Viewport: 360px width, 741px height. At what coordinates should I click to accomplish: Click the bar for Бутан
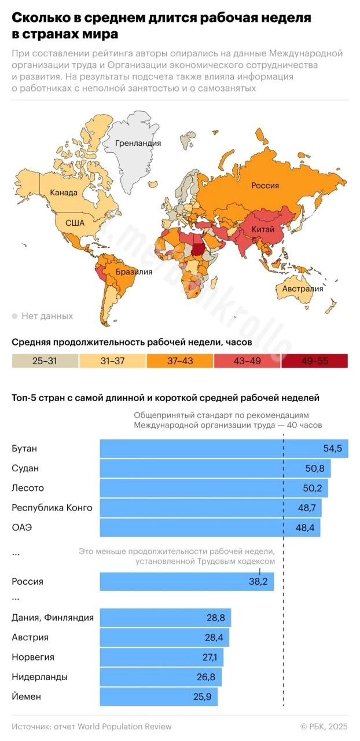[223, 449]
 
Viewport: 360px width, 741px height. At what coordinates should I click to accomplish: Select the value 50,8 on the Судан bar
[317, 468]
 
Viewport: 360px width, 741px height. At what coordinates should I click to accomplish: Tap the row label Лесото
[28, 488]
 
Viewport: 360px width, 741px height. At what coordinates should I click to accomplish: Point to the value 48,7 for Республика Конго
[307, 508]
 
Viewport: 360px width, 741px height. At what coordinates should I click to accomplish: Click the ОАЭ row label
[21, 528]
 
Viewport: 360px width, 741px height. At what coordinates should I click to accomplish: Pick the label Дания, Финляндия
[53, 618]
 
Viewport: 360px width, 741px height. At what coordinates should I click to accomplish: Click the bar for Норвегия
[161, 658]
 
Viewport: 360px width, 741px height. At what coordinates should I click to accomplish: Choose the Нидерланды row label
[40, 677]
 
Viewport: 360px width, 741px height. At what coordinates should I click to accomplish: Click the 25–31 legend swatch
[45, 361]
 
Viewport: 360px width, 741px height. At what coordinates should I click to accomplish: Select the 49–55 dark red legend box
[314, 361]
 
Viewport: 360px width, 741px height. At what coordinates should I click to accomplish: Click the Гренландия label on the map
[138, 143]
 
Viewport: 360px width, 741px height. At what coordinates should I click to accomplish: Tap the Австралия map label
[303, 289]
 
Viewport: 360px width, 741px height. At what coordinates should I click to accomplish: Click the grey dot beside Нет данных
[14, 316]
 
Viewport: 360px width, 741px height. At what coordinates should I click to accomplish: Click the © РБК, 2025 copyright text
[324, 727]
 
